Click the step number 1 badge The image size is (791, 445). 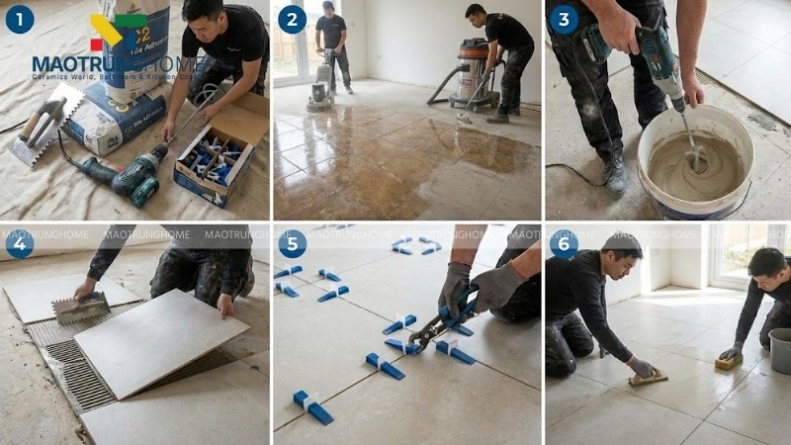pyautogui.click(x=19, y=19)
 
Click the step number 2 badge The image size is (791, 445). pyautogui.click(x=292, y=19)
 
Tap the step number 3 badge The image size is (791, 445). pyautogui.click(x=564, y=19)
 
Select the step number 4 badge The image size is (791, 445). pyautogui.click(x=19, y=244)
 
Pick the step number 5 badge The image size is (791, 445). pyautogui.click(x=292, y=244)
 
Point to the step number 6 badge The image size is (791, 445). pyautogui.click(x=564, y=244)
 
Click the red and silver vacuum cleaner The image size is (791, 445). pyautogui.click(x=473, y=74)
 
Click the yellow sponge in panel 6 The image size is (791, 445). pyautogui.click(x=729, y=363)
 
